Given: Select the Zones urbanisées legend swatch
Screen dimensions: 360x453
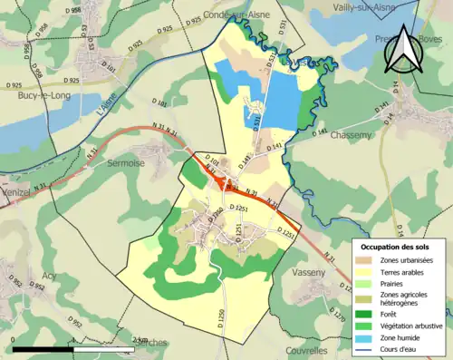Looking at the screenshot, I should click(x=364, y=261).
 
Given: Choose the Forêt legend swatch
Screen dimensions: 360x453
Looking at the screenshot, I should click(x=364, y=314).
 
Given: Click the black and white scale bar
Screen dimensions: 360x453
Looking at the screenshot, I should click(x=72, y=347).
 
